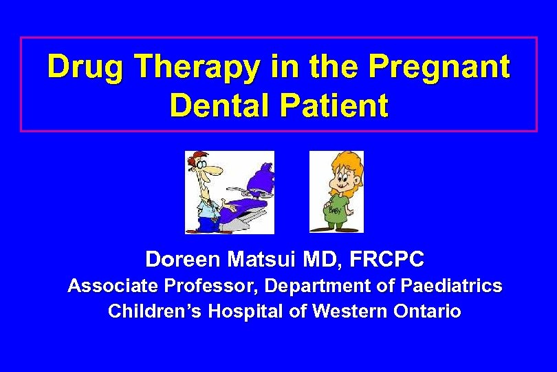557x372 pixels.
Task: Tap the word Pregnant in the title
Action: click(x=439, y=68)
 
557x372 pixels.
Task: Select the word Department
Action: click(x=316, y=286)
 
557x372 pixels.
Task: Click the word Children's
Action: click(x=155, y=311)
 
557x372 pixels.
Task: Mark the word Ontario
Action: click(x=426, y=311)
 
